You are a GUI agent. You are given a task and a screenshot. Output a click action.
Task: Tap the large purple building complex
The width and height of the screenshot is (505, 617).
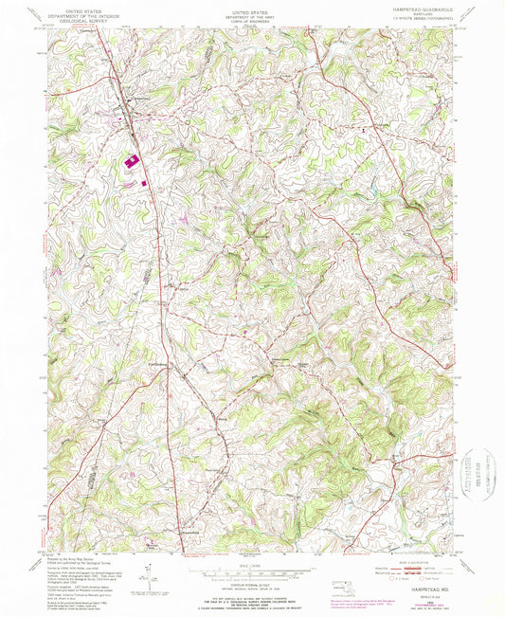click(x=130, y=162)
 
